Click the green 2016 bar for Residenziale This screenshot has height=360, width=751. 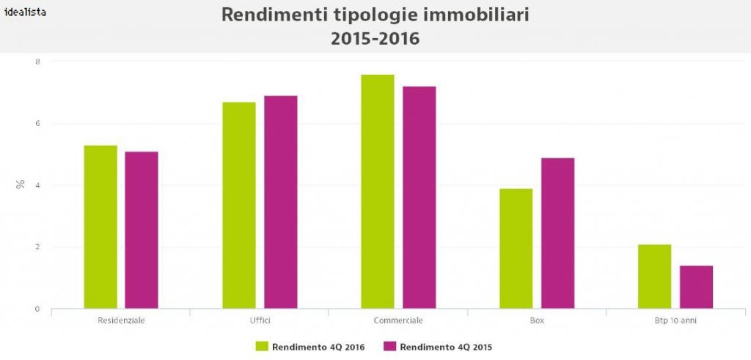[100, 227]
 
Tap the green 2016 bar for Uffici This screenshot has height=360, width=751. [239, 205]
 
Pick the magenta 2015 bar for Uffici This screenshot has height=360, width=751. [281, 202]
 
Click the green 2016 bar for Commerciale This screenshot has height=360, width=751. [378, 191]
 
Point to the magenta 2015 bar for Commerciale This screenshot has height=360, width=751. [420, 197]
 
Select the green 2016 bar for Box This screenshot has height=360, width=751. [516, 249]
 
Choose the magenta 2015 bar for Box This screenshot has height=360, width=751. [558, 233]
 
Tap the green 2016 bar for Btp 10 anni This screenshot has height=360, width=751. [654, 276]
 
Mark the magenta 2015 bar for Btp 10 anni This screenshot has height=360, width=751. [696, 287]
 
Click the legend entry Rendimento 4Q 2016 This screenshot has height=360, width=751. [312, 345]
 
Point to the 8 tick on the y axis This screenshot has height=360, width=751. [37, 62]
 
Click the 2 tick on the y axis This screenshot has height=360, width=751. [37, 247]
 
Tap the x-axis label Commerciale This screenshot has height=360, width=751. [398, 321]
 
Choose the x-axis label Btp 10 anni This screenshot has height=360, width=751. [675, 321]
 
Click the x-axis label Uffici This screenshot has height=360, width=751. [260, 321]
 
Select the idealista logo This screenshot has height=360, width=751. [25, 12]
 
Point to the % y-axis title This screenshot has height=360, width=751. [20, 185]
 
